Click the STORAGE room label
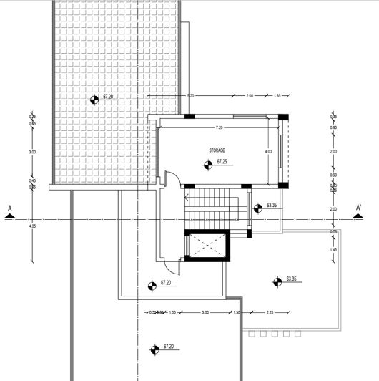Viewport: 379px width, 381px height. (x=217, y=150)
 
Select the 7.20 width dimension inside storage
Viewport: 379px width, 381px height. (x=219, y=127)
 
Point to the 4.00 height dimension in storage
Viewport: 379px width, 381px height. (x=268, y=152)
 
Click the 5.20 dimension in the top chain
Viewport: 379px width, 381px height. (x=190, y=95)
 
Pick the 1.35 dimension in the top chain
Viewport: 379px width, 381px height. (x=278, y=95)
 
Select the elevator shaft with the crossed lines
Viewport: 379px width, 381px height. (x=205, y=247)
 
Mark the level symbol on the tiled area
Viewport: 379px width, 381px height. (x=94, y=100)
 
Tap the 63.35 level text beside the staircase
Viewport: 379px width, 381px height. (x=271, y=205)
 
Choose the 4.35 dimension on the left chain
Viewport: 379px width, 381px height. (x=32, y=226)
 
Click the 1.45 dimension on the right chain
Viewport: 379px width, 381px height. (x=333, y=249)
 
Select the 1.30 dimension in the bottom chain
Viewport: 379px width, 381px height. (x=237, y=312)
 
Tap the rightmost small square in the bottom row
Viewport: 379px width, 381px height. (x=297, y=333)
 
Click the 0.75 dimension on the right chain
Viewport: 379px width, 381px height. (x=333, y=232)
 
